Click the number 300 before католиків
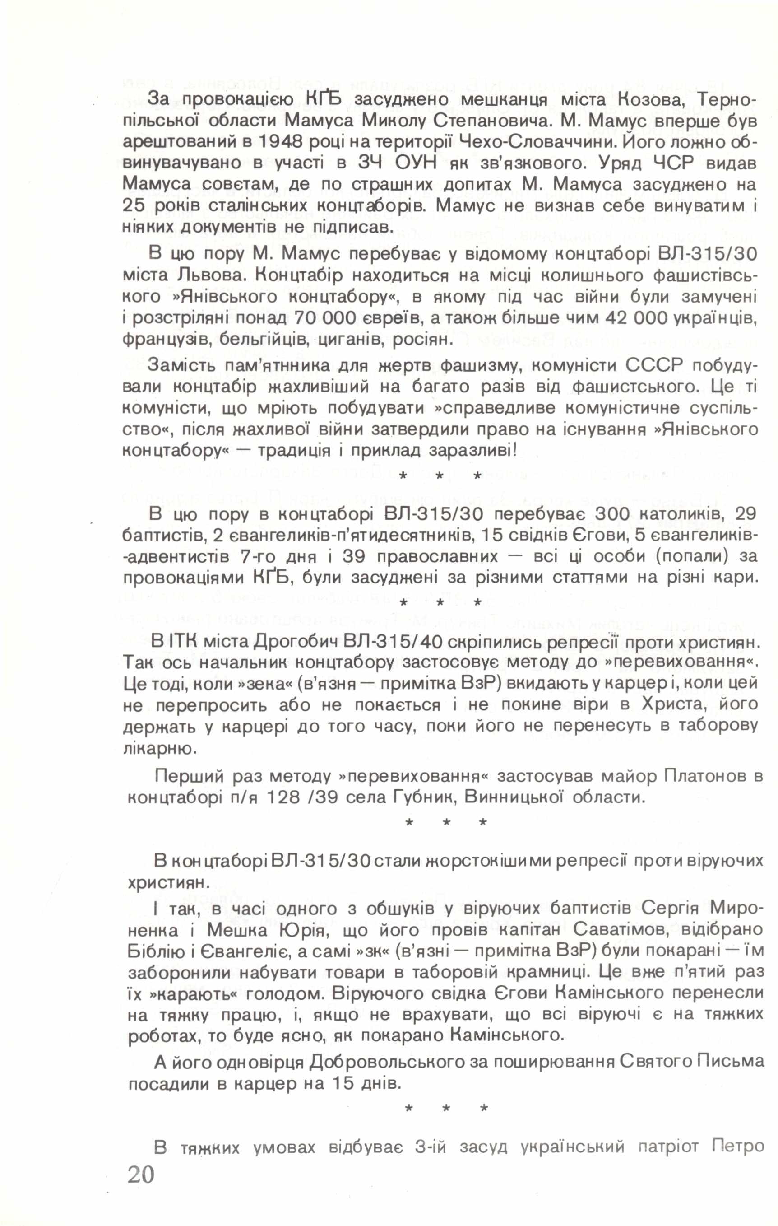pos(523,514)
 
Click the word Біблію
pos(157,951)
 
